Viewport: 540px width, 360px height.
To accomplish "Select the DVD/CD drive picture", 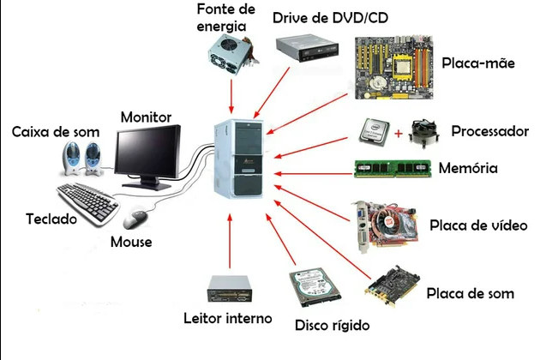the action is pyautogui.click(x=307, y=48).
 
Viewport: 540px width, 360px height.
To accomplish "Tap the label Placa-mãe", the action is pyautogui.click(x=478, y=63).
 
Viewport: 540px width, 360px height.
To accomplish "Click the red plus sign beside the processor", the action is pyautogui.click(x=398, y=134).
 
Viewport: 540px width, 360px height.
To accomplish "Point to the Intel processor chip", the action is pyautogui.click(x=374, y=133).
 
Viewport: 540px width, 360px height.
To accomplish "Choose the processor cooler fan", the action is pyautogui.click(x=423, y=134).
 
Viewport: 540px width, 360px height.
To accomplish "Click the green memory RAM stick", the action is pyautogui.click(x=393, y=169).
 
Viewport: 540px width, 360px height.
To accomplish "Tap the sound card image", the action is pyautogui.click(x=393, y=286).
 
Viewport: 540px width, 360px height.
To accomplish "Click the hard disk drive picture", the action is pyautogui.click(x=315, y=287).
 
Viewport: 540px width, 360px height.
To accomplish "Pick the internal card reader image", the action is pyautogui.click(x=230, y=289).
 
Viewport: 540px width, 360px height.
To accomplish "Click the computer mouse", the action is pyautogui.click(x=135, y=219).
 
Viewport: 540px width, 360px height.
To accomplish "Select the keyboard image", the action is pyautogui.click(x=87, y=204).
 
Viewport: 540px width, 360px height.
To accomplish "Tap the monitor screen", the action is pyautogui.click(x=147, y=153).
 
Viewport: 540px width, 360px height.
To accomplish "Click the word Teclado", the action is pyautogui.click(x=51, y=219).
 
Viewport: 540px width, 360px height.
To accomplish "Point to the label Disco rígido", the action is pyautogui.click(x=332, y=325).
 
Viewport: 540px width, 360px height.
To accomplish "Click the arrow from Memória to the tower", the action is pyautogui.click(x=314, y=174).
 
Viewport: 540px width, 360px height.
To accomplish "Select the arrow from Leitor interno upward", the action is pyautogui.click(x=230, y=241).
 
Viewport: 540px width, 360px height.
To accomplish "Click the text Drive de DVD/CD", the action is pyautogui.click(x=330, y=17).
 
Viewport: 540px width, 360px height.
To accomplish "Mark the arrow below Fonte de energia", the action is pyautogui.click(x=231, y=96).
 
